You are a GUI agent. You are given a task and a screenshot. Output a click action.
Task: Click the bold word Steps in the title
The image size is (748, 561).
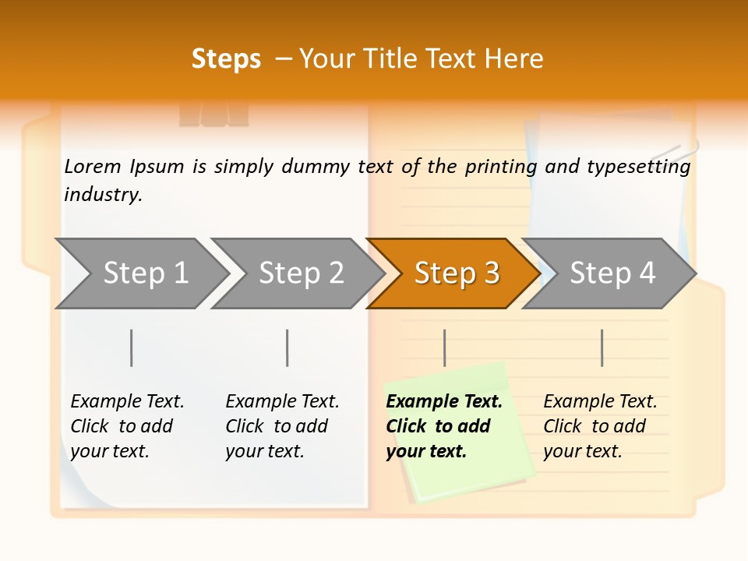pyautogui.click(x=226, y=59)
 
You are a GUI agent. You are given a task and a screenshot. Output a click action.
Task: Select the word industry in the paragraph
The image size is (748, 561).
pyautogui.click(x=103, y=195)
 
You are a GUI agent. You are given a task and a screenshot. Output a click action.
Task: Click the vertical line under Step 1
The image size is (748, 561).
pyautogui.click(x=132, y=348)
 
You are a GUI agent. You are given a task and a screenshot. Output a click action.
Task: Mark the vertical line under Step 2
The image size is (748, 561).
pyautogui.click(x=288, y=348)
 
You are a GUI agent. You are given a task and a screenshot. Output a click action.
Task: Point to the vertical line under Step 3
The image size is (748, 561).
pyautogui.click(x=445, y=348)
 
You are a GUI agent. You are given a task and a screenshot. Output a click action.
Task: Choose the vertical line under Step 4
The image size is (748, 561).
pyautogui.click(x=602, y=348)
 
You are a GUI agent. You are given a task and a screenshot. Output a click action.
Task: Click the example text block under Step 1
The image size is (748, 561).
pyautogui.click(x=127, y=426)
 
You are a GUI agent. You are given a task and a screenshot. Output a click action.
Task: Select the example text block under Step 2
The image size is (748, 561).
pyautogui.click(x=282, y=426)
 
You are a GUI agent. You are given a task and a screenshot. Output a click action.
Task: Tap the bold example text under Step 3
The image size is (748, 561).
pyautogui.click(x=444, y=426)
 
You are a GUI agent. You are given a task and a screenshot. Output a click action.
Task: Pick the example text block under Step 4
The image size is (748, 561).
pyautogui.click(x=600, y=426)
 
